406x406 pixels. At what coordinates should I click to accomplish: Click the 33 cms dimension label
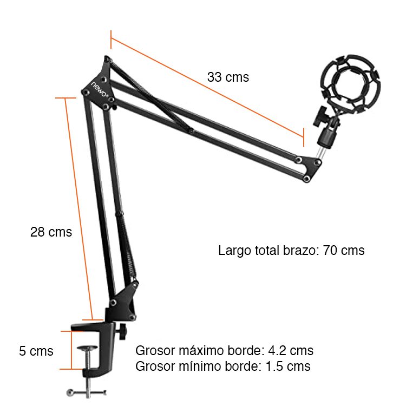[228, 77]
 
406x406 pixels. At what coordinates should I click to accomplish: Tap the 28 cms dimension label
[51, 232]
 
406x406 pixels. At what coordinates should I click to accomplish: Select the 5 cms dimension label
[36, 351]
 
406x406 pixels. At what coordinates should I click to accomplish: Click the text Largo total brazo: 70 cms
[291, 251]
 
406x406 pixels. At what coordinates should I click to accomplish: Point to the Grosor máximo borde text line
[224, 351]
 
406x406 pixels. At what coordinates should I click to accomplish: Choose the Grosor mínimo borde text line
[222, 366]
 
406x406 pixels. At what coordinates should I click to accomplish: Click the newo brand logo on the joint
[100, 89]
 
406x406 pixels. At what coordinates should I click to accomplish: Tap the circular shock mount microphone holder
[350, 83]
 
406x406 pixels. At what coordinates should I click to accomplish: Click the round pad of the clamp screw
[88, 348]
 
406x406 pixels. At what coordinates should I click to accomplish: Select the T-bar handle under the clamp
[86, 392]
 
